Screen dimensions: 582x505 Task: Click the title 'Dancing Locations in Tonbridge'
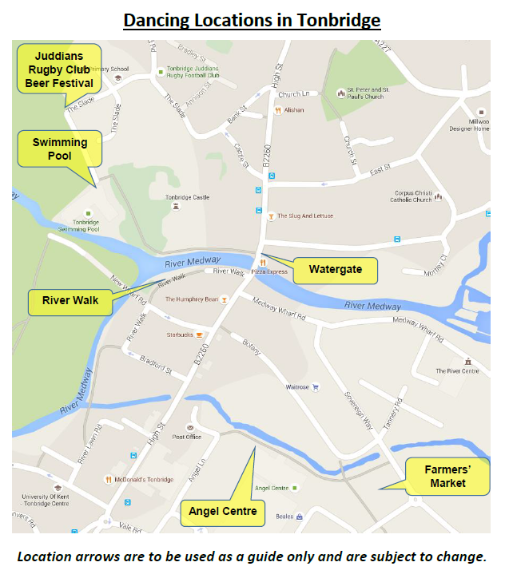252,19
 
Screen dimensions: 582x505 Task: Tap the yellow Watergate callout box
336,270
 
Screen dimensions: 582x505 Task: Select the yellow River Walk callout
70,301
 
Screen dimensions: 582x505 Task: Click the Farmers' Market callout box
447,477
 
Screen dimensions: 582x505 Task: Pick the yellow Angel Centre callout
222,511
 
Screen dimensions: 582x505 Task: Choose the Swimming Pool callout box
59,149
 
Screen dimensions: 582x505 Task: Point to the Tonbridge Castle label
186,197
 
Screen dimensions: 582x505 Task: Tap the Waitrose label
297,387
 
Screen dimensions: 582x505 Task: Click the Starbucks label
179,335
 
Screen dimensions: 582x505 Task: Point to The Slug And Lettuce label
305,216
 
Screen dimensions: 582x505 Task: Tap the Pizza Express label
269,272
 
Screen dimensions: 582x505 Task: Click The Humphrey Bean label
192,299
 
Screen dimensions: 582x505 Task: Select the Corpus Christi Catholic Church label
413,196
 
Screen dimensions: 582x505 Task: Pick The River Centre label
457,370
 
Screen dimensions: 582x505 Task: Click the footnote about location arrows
252,556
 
